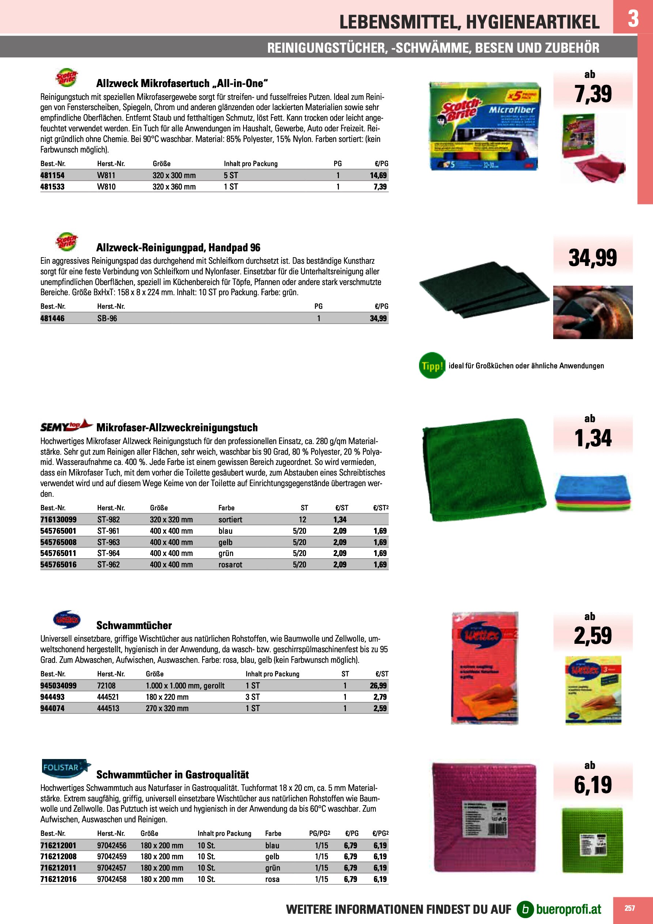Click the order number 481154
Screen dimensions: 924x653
coord(52,176)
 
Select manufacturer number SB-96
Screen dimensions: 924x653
coord(107,318)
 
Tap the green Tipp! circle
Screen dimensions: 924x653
coord(432,365)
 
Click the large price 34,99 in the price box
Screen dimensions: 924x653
coord(592,258)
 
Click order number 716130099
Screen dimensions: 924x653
coord(58,519)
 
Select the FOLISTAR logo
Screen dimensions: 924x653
coord(66,768)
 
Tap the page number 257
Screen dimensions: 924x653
coord(630,908)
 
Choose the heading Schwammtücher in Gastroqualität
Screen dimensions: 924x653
coord(172,775)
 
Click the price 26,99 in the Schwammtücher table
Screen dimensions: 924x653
coord(378,686)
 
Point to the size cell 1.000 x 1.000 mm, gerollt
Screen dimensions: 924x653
coord(185,686)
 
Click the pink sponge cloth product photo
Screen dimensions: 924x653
coord(484,817)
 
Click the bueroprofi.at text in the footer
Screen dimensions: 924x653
coord(569,909)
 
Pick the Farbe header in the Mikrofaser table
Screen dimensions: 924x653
coord(226,508)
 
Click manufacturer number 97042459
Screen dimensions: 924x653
coord(112,857)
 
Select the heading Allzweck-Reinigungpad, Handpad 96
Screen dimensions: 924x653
coord(178,248)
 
